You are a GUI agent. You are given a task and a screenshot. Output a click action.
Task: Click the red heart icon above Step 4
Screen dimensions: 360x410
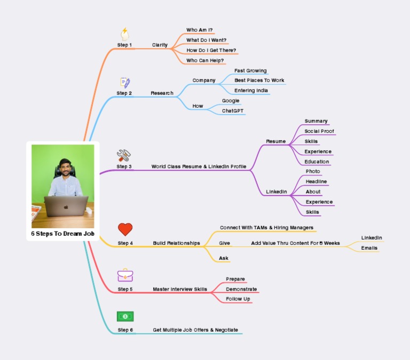125,229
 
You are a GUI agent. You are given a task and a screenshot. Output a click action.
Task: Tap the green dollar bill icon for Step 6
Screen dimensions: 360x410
125,316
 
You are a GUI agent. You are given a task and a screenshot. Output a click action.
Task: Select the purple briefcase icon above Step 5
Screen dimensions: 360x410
125,275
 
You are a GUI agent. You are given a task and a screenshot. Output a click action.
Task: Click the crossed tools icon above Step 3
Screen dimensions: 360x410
124,155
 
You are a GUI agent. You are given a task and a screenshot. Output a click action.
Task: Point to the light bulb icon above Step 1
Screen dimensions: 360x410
124,34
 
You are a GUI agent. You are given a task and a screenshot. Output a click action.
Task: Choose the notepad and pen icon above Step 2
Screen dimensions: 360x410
125,82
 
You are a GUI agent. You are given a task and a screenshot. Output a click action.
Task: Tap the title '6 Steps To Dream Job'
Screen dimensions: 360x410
59,234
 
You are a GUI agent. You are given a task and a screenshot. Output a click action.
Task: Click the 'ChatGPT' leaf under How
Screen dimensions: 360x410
233,111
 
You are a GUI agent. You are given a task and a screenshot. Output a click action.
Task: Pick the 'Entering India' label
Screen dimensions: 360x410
251,91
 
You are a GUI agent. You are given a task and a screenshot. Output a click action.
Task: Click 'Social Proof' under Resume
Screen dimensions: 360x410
319,131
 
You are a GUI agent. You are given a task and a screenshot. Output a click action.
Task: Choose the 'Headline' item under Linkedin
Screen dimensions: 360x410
316,181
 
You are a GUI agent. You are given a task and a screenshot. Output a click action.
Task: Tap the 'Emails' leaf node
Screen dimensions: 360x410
369,248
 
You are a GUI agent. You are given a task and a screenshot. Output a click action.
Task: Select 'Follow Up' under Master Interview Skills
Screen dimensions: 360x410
238,299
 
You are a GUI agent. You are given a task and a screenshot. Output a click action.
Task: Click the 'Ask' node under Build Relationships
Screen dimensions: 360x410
224,258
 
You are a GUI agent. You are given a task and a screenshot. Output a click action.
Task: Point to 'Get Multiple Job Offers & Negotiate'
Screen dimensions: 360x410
195,330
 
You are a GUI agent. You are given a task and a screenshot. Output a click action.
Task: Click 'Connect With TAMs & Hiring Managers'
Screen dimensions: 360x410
266,228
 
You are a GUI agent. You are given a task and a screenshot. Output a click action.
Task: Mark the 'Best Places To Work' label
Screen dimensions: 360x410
259,81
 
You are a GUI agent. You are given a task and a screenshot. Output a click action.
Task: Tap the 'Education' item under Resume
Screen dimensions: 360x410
317,162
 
